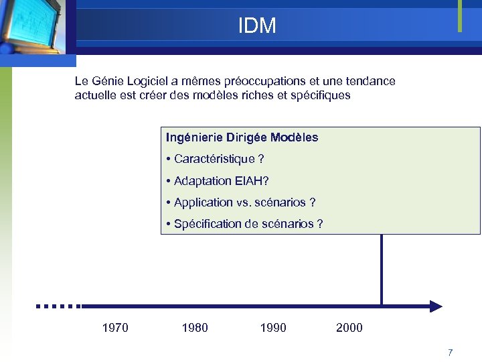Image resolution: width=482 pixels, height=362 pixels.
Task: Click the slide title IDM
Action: [x=257, y=25]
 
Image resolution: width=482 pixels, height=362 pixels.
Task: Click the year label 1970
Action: [x=115, y=328]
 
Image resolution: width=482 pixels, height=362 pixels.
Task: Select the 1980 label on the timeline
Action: [x=195, y=328]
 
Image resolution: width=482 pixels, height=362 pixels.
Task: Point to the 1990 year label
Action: [x=273, y=328]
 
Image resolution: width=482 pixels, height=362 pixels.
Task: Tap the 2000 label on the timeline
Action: [x=349, y=328]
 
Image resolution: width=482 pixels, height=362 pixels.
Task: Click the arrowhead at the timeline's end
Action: [x=436, y=306]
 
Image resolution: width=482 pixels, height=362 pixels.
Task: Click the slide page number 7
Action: [x=451, y=353]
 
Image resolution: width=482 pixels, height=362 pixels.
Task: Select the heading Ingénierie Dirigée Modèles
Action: [x=242, y=137]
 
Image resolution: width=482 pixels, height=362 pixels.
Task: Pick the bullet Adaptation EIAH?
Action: [x=221, y=180]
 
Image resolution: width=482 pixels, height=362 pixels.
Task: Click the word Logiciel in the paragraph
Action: [x=141, y=81]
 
